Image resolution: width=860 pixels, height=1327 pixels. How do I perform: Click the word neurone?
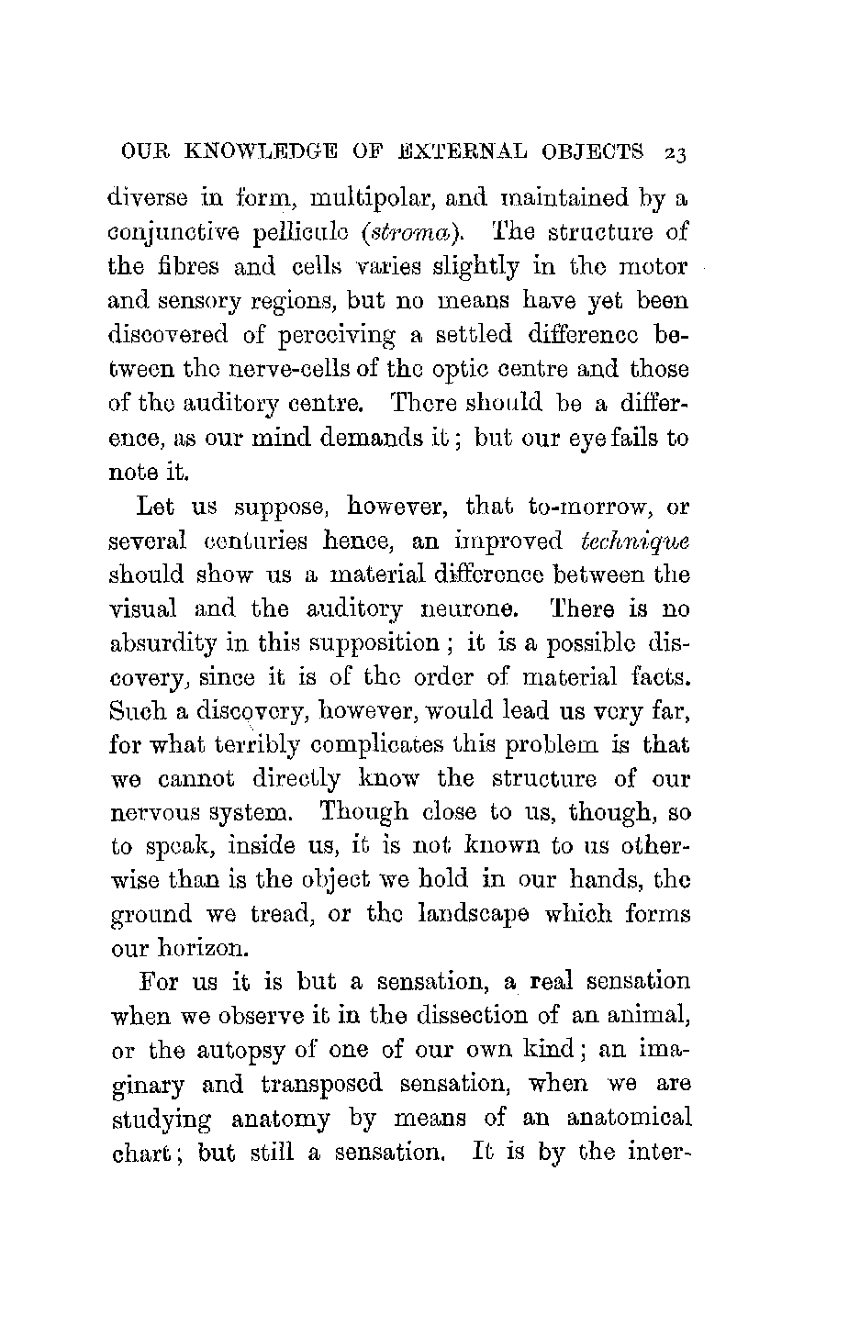(454, 608)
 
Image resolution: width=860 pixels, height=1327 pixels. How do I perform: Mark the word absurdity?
(163, 643)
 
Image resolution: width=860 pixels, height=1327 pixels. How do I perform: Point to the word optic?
(487, 370)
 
